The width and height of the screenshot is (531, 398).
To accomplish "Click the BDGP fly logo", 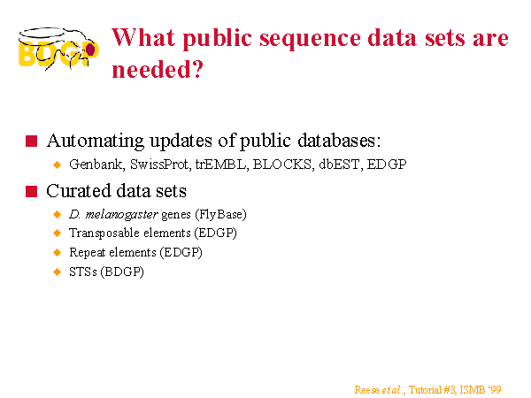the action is pos(58,49).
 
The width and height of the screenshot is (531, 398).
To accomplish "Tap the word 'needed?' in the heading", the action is pos(158,69).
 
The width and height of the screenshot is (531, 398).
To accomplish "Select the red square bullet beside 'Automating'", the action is pos(32,142).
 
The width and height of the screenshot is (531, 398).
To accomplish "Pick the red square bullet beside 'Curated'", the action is pos(32,191).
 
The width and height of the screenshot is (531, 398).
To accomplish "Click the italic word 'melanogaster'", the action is pos(121,215).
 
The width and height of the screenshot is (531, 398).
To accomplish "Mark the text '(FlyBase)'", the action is pos(220,215).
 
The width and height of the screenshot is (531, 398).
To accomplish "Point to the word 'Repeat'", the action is pos(86,253).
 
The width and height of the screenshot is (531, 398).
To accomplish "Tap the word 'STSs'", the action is pos(83,272).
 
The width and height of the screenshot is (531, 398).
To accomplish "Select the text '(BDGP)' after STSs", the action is pos(122,272).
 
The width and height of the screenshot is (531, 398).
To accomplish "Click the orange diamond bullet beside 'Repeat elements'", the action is pos(58,252).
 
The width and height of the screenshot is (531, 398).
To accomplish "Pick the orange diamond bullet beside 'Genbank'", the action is pos(58,165).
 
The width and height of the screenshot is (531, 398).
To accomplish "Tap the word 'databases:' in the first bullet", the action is pos(339,141).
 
